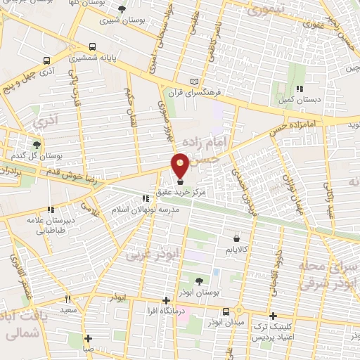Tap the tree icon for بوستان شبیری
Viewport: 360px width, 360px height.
tap(123, 9)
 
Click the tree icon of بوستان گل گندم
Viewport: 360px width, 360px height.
tap(37, 143)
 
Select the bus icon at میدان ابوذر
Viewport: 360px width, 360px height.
tap(225, 311)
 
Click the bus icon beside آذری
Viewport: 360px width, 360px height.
tap(46, 60)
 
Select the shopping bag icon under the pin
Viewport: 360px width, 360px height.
tap(181, 182)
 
